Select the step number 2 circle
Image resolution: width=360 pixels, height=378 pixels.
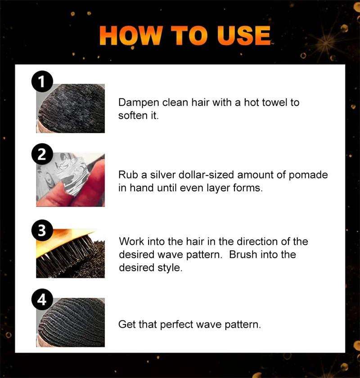pyautogui.click(x=42, y=154)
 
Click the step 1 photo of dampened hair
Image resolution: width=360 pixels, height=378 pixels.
pyautogui.click(x=71, y=108)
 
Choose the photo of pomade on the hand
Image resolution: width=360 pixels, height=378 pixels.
pyautogui.click(x=71, y=180)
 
